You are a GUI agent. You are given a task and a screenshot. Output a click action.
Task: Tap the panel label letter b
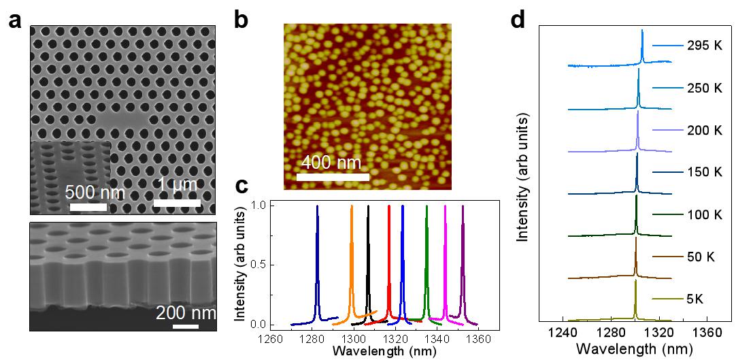[241, 19]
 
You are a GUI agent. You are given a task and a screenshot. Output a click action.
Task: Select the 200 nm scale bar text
[186, 314]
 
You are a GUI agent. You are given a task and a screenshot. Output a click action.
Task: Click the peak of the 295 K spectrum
[642, 31]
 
